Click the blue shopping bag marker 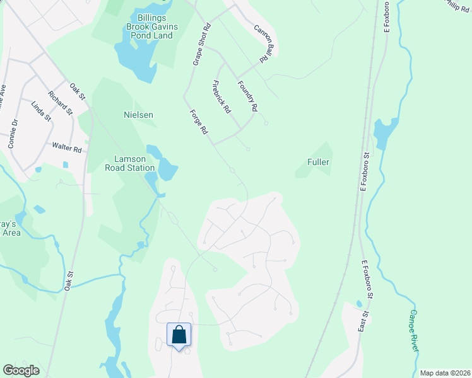tap(179, 334)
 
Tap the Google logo tap(21, 370)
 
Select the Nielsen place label tap(138, 115)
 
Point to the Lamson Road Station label tap(134, 164)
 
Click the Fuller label tap(319, 162)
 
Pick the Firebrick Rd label tap(221, 96)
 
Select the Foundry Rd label tap(247, 96)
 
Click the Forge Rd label tap(199, 122)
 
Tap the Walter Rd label tap(68, 149)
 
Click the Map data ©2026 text tap(444, 373)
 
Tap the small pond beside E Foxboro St tap(384, 133)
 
